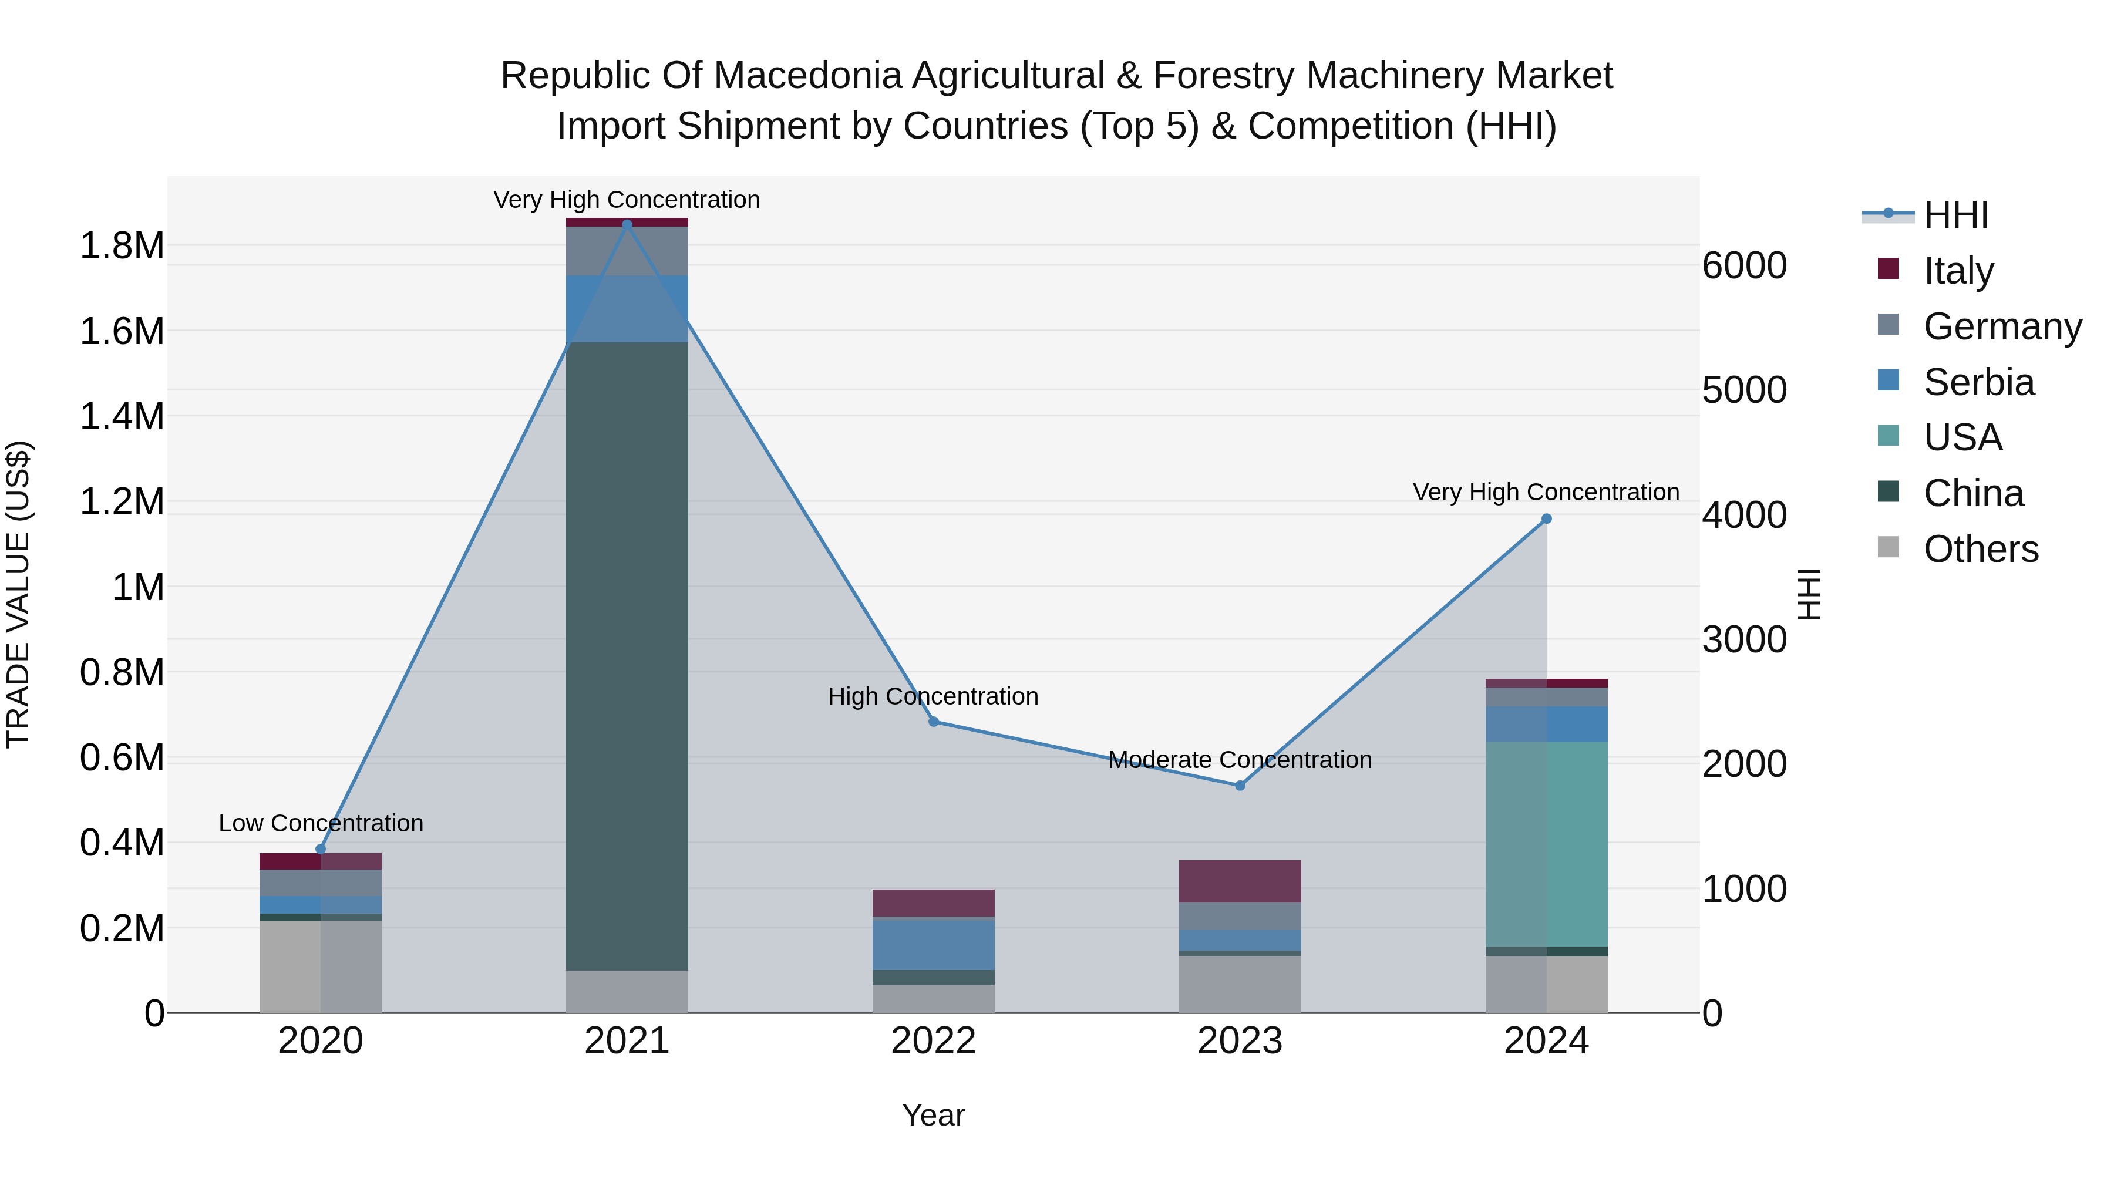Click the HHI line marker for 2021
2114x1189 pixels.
click(627, 224)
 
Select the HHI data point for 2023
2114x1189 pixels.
click(1240, 785)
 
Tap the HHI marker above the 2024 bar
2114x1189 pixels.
click(1546, 518)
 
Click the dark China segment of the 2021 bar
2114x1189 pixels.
click(627, 656)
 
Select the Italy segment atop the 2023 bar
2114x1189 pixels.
click(1240, 881)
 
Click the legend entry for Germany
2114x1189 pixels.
click(2002, 326)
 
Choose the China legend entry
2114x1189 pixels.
click(1973, 493)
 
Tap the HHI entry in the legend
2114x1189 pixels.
click(1955, 215)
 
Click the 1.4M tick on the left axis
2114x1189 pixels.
click(122, 417)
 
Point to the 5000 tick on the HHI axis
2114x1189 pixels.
click(1744, 390)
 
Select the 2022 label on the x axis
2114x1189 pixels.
click(933, 1040)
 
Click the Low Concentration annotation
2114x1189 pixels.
click(320, 823)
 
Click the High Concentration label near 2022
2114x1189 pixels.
click(933, 696)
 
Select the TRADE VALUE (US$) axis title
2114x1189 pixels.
click(18, 594)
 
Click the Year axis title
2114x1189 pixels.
click(933, 1115)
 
